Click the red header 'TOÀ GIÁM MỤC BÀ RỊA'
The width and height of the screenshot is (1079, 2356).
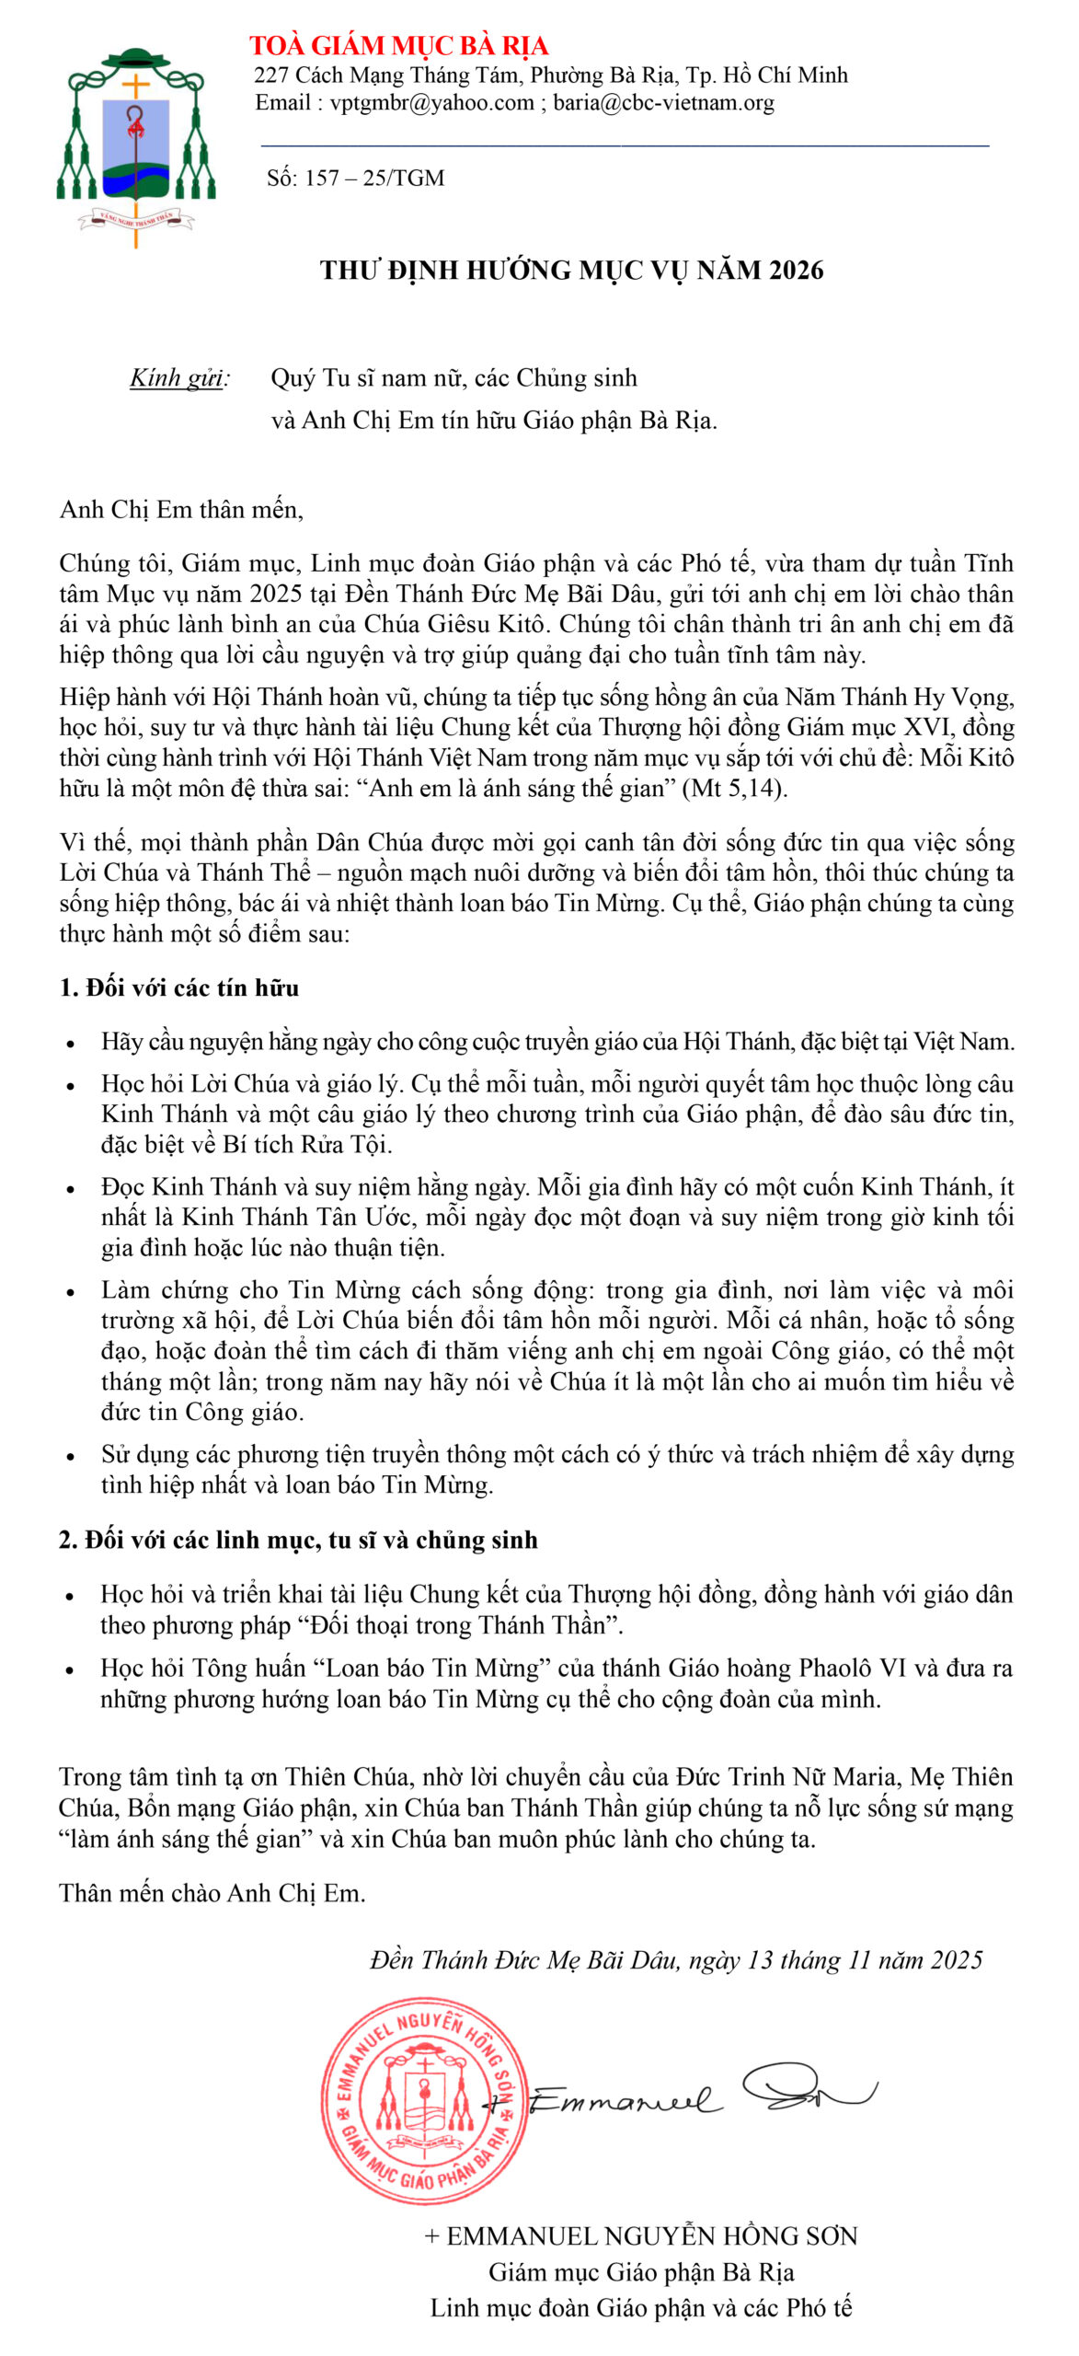click(398, 46)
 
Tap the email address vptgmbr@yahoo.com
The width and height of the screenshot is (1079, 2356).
click(431, 103)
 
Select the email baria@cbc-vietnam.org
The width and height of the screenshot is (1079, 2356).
click(663, 103)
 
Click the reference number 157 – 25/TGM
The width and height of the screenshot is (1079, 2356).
click(374, 179)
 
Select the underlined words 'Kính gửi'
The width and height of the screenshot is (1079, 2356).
click(178, 378)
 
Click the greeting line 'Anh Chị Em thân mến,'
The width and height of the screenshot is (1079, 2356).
click(181, 510)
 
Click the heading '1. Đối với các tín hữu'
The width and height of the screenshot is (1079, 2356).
click(179, 988)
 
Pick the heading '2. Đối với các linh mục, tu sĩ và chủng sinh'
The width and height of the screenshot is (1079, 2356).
click(298, 1541)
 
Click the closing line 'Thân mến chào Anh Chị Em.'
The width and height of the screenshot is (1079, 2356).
click(212, 1893)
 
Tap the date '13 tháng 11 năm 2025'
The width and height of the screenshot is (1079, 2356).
click(864, 1960)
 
